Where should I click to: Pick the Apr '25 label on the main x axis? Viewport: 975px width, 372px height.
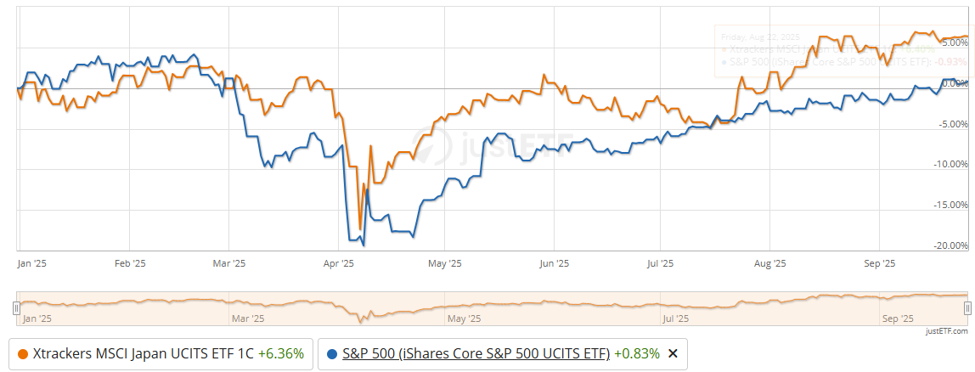339,264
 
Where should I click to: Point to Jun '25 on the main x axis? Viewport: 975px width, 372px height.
555,264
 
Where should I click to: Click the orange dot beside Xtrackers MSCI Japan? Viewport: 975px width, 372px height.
22,354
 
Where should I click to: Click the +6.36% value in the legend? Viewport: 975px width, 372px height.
281,354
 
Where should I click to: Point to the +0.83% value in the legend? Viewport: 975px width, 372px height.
636,354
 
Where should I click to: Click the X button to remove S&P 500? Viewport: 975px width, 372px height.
673,354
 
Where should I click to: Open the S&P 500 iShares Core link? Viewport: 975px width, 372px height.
476,354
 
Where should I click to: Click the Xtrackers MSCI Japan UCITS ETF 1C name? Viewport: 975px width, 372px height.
144,354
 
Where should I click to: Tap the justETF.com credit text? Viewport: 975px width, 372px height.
947,331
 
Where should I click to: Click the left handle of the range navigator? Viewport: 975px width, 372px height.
15,309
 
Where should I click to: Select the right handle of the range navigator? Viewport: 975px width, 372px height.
967,309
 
